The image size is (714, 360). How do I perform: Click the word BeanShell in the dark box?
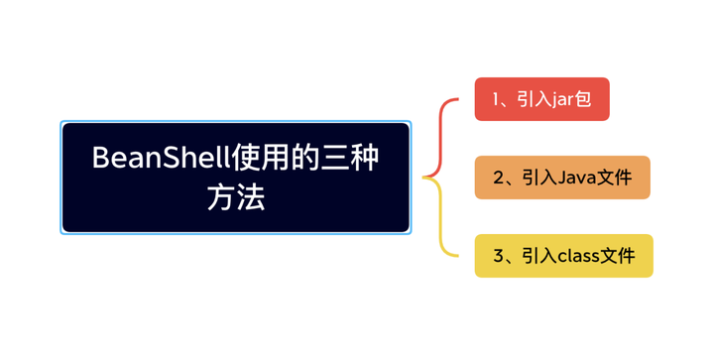coord(158,158)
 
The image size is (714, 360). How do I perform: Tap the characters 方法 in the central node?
coord(236,196)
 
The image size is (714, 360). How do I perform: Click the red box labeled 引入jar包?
coord(541,99)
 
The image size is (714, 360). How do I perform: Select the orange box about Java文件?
coord(561,178)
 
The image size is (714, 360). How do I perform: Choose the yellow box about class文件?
coord(563,256)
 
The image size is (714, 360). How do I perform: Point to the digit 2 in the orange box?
coord(499,178)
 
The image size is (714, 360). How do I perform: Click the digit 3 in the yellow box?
coord(499,256)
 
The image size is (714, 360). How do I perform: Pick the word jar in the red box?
coord(563,100)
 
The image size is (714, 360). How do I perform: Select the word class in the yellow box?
coord(581,256)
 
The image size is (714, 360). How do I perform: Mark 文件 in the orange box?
coord(616,178)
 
